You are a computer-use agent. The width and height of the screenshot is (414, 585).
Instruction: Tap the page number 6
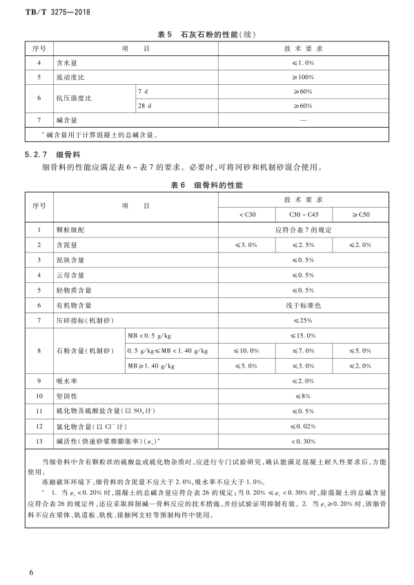point(32,572)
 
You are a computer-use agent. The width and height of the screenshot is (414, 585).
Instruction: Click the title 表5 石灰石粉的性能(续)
point(207,34)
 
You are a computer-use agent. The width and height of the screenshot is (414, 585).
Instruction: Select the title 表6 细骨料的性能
point(207,186)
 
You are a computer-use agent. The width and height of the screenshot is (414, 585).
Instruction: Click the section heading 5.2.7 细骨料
point(46,155)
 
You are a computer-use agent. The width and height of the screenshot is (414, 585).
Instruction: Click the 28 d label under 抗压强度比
point(145,106)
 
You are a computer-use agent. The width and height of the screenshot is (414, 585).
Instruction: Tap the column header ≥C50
point(360,215)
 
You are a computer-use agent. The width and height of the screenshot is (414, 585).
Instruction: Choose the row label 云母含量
point(70,275)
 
